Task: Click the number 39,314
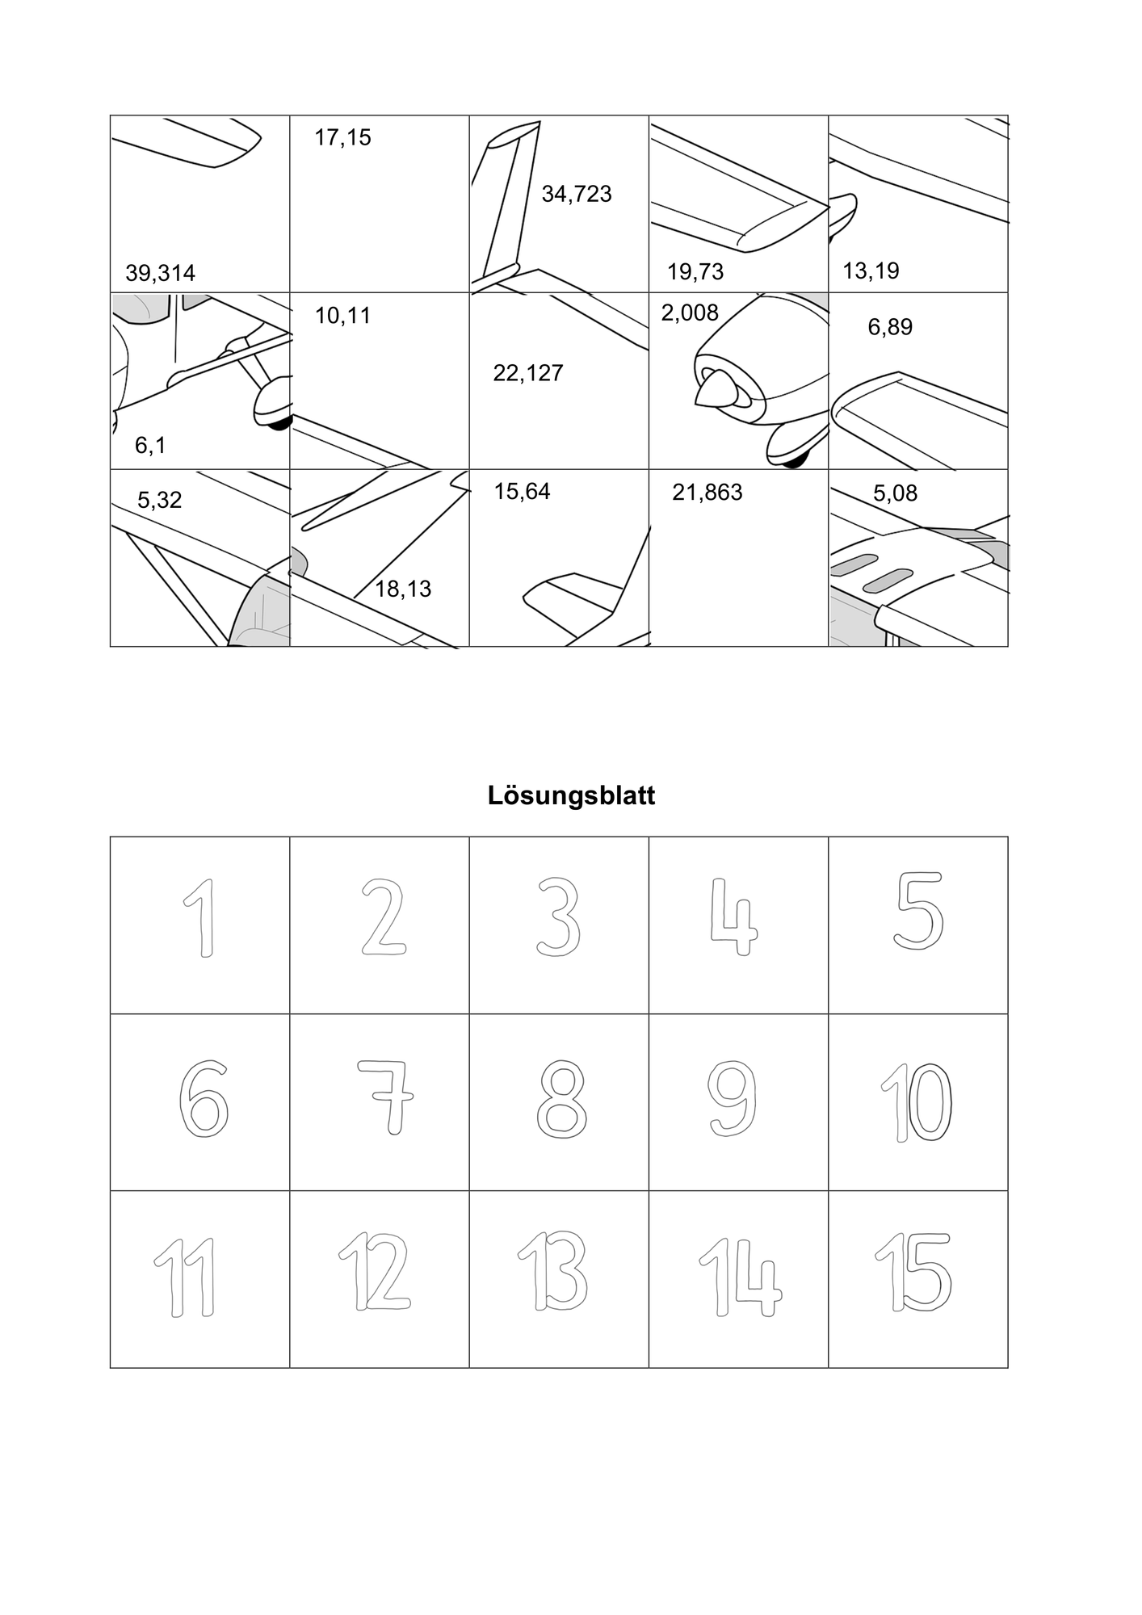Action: pyautogui.click(x=160, y=274)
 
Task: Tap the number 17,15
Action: pyautogui.click(x=342, y=138)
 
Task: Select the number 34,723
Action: pyautogui.click(x=577, y=195)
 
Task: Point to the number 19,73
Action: pyautogui.click(x=695, y=272)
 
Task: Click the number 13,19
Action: pyautogui.click(x=871, y=271)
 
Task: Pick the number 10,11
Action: pyautogui.click(x=342, y=316)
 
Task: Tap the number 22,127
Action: pyautogui.click(x=528, y=373)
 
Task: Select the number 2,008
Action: pyautogui.click(x=690, y=313)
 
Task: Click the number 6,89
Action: pyautogui.click(x=890, y=328)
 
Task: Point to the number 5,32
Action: pyautogui.click(x=159, y=501)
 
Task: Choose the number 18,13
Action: pyautogui.click(x=403, y=589)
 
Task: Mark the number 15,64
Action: pyautogui.click(x=522, y=492)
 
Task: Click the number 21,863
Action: pyautogui.click(x=707, y=493)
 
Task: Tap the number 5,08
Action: pyautogui.click(x=895, y=493)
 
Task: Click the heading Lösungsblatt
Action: pyautogui.click(x=571, y=796)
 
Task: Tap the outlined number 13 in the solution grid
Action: pyautogui.click(x=552, y=1272)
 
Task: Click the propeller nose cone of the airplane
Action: pyautogui.click(x=714, y=392)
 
